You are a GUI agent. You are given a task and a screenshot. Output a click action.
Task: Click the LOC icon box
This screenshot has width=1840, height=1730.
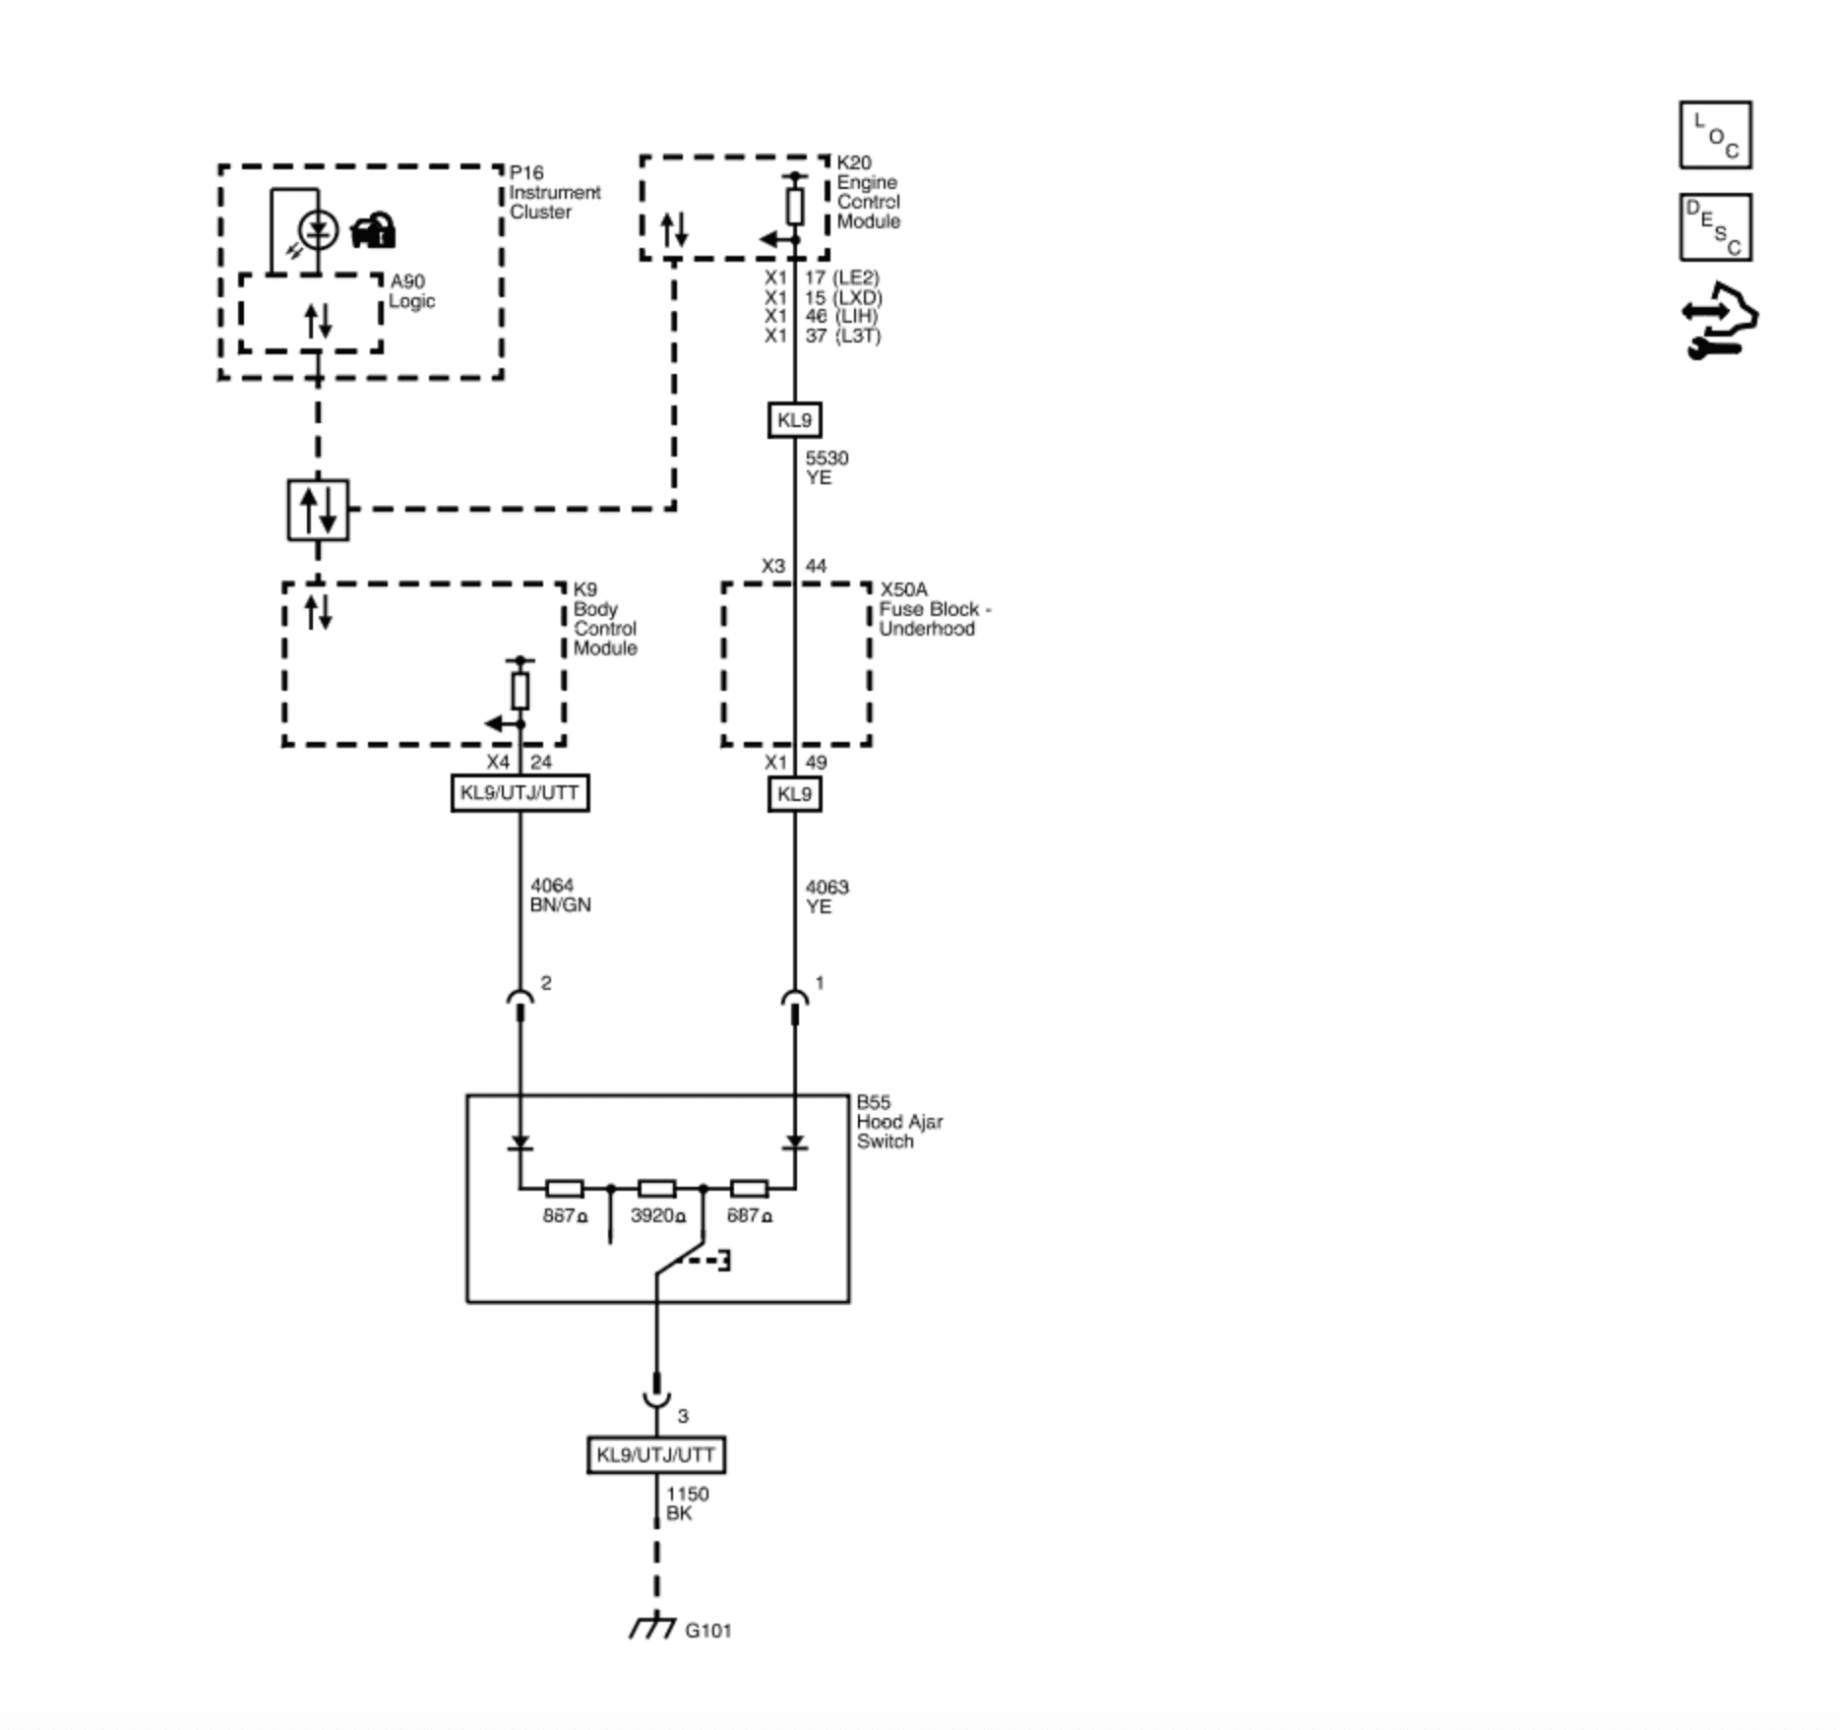(x=1715, y=135)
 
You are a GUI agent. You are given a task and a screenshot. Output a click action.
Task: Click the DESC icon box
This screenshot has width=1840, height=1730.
(x=1715, y=227)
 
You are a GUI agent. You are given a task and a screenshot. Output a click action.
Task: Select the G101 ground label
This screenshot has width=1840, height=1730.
(x=707, y=1631)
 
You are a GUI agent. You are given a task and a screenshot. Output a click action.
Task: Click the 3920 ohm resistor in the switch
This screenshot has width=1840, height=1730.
(x=656, y=1189)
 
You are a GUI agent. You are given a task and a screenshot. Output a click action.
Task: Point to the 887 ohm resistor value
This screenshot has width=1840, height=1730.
(x=564, y=1216)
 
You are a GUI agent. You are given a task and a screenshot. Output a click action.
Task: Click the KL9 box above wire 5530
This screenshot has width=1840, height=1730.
(x=794, y=420)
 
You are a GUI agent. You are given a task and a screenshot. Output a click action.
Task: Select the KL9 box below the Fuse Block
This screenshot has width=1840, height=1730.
(x=794, y=793)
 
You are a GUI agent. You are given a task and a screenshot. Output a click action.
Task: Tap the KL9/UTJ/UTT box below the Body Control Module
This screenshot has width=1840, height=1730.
(x=520, y=793)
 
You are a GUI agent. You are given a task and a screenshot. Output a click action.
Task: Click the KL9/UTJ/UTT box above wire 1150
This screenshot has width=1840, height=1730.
(x=655, y=1455)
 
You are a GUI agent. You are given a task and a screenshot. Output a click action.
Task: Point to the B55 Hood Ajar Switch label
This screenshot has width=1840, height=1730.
(x=898, y=1122)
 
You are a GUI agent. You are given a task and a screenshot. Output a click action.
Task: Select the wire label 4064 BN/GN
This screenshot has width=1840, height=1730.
(x=560, y=896)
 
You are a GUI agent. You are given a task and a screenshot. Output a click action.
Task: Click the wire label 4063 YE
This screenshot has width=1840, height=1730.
(x=827, y=896)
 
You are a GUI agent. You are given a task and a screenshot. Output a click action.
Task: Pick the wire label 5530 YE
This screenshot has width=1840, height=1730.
(x=827, y=467)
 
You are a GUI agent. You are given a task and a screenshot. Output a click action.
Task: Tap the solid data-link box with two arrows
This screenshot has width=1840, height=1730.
(x=318, y=510)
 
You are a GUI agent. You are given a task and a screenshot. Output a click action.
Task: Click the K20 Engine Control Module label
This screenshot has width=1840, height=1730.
(x=868, y=192)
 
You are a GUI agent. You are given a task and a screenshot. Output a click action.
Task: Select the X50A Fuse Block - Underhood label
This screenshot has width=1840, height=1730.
(x=934, y=609)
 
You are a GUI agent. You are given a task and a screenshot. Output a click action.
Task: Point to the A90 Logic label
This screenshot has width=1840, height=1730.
(x=411, y=291)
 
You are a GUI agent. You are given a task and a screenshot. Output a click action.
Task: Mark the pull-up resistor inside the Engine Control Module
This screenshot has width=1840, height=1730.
(x=795, y=207)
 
